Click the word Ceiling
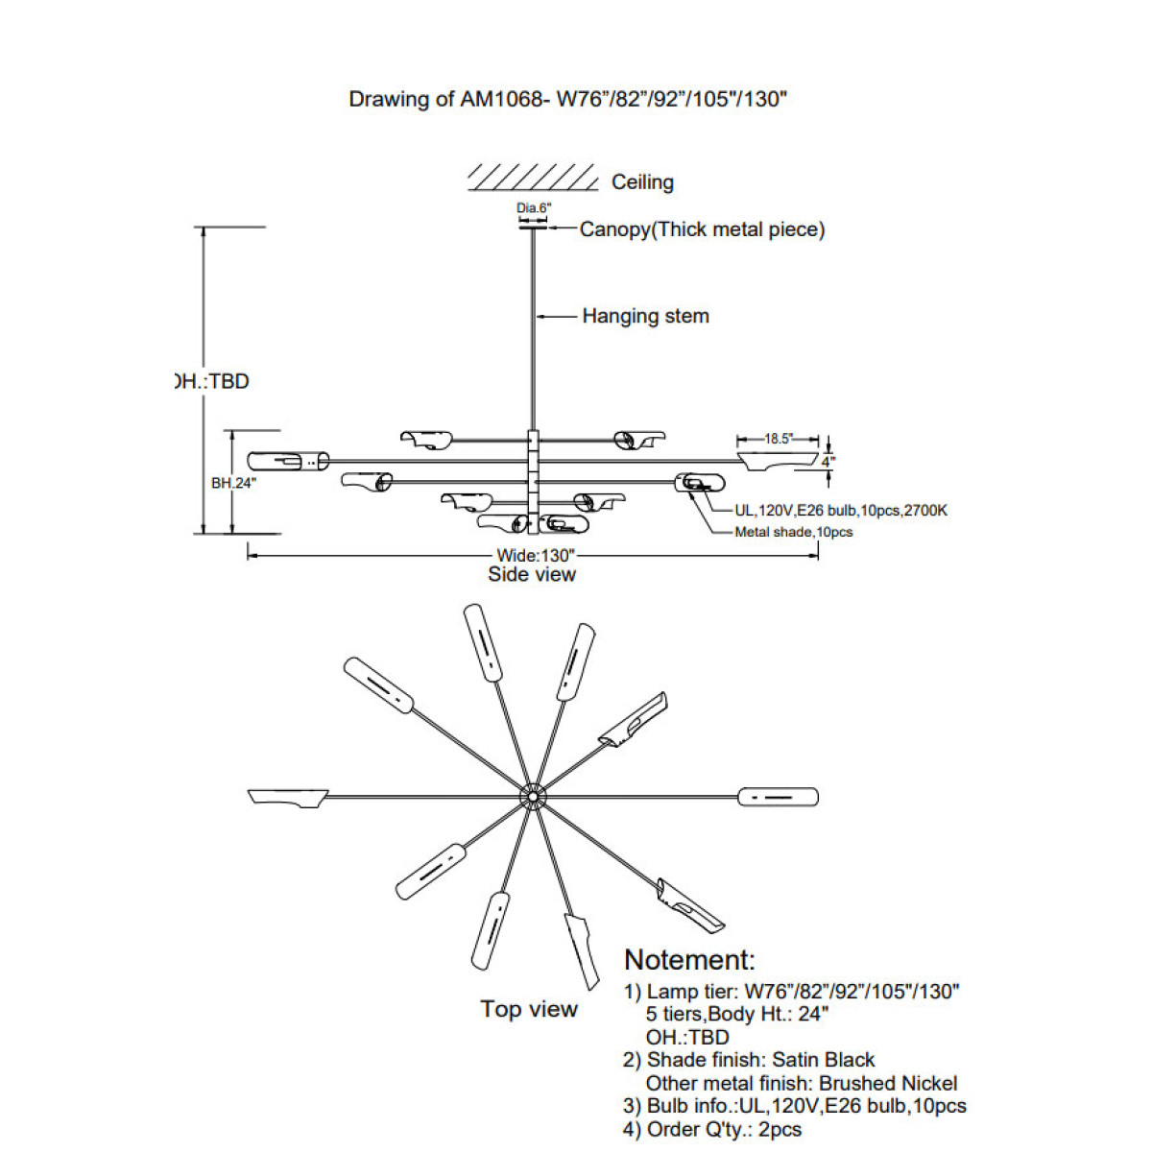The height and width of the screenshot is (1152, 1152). tap(642, 182)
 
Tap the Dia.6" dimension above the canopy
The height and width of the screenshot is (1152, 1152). tap(534, 208)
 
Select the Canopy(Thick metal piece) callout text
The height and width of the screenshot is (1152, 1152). tap(702, 229)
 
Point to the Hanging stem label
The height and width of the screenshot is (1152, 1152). tap(645, 316)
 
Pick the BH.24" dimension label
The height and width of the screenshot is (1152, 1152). tap(233, 483)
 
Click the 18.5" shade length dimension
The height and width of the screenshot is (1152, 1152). tap(778, 439)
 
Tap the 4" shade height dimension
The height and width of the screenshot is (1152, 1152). tap(828, 461)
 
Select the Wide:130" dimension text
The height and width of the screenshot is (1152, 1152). tap(535, 555)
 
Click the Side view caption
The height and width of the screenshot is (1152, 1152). tap(532, 574)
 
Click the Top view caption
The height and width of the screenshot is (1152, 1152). tap(529, 1009)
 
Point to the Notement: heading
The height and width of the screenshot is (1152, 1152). tap(689, 960)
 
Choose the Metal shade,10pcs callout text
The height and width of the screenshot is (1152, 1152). tap(793, 532)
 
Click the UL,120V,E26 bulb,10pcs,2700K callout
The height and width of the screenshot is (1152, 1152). tap(841, 511)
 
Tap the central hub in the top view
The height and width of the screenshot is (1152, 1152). tap(532, 797)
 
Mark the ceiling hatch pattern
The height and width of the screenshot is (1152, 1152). tap(533, 178)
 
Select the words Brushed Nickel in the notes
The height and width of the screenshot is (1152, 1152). tap(888, 1083)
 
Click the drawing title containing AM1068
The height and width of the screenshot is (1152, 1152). tap(567, 99)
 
